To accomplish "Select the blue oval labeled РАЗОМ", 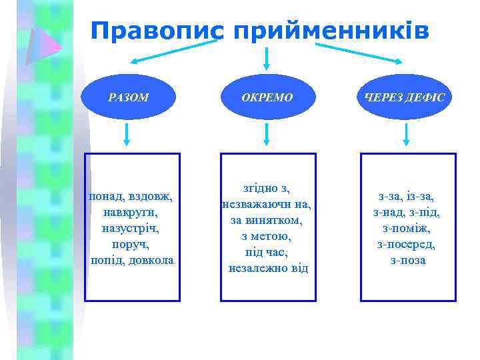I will click(128, 97).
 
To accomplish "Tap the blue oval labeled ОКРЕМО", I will click(267, 97).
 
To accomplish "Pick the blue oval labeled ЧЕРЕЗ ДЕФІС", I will click(406, 97).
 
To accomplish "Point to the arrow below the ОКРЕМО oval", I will click(267, 135).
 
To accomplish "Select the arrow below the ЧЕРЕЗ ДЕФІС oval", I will click(407, 135).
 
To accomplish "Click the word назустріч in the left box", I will click(131, 228).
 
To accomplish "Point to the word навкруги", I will click(131, 213).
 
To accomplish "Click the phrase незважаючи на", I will click(267, 204).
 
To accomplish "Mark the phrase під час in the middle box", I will click(267, 252).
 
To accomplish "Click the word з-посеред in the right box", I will click(407, 244).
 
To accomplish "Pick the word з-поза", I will click(407, 260).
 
